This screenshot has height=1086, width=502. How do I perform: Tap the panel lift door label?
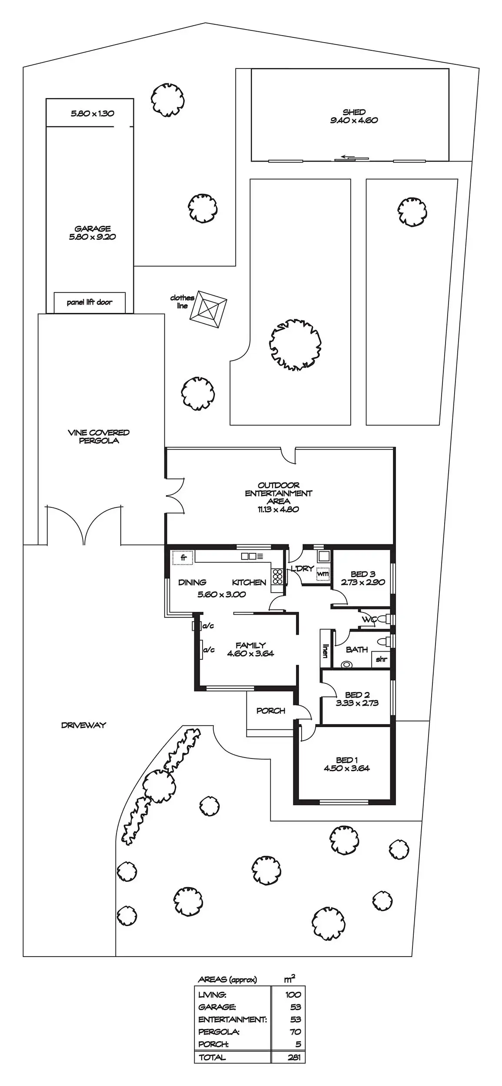pos(90,302)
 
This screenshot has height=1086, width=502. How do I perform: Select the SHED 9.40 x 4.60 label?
pos(354,116)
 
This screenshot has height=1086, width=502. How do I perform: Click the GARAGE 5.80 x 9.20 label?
pos(92,232)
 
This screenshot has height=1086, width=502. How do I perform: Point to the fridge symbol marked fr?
pos(183,557)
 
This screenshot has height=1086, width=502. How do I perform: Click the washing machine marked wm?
pos(322,574)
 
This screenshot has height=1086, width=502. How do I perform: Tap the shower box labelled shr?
pos(381,659)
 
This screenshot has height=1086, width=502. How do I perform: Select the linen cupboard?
pos(325,649)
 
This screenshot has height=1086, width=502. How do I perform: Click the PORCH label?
pos(270,711)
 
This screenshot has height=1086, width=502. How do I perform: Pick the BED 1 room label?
pos(346,760)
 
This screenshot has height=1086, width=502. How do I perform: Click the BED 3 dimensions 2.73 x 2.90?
pos(363,582)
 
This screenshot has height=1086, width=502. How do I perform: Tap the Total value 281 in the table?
pos(294,1057)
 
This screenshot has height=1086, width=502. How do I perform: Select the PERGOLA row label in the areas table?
pos(219,1032)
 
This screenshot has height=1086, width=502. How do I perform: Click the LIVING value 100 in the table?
pos(293,995)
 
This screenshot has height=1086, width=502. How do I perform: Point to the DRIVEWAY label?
pos(83,725)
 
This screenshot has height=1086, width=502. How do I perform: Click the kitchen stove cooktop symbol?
pos(277,576)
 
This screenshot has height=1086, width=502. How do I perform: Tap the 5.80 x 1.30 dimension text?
pos(92,113)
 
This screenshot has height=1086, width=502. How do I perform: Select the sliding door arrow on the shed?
pos(346,156)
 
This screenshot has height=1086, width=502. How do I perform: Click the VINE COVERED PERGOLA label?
pos(99,436)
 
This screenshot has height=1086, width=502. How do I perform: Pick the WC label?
pos(369,619)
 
